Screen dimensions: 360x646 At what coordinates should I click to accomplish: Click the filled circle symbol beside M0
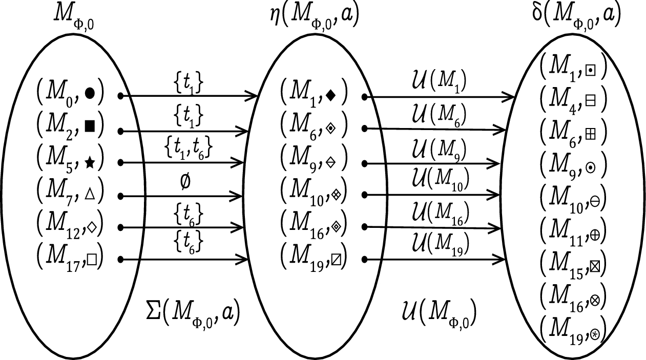tap(90, 93)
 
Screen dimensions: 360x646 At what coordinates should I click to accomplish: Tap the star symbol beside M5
tap(90, 163)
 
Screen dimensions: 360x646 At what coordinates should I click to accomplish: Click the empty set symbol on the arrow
tap(185, 183)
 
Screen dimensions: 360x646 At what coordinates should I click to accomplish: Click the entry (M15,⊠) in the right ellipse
tap(572, 264)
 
